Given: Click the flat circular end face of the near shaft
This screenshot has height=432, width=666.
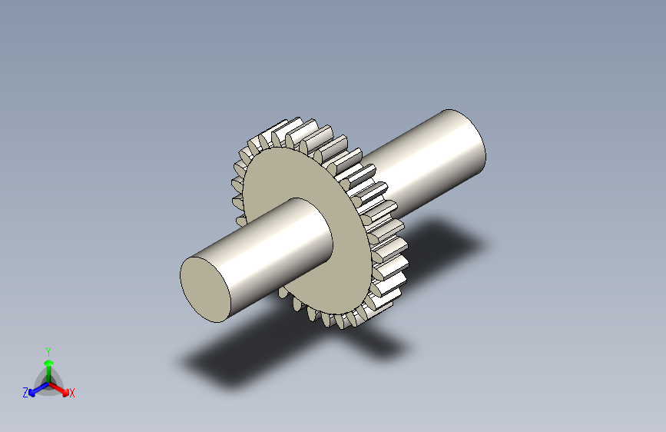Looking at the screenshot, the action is (205, 290).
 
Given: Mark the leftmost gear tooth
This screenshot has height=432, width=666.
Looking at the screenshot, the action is (237, 185).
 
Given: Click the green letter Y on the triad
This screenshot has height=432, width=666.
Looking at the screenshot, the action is (48, 351).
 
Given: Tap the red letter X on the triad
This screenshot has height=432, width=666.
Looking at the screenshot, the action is (71, 393).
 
